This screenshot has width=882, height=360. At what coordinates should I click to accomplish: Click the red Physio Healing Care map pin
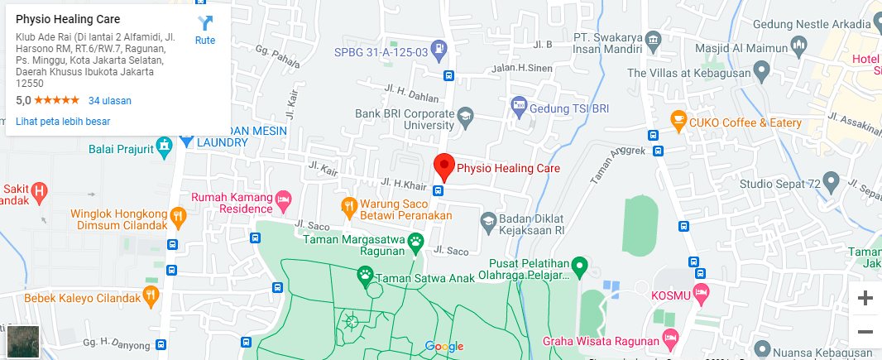(444, 167)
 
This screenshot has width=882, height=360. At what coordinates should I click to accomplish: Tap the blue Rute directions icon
(205, 24)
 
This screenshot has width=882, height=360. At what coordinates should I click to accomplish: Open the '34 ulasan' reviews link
(110, 101)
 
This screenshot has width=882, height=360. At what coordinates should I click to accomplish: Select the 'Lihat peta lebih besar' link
(63, 122)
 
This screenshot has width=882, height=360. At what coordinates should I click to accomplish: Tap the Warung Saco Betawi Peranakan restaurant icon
(349, 204)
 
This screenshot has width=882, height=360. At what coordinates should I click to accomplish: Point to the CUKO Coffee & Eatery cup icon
(678, 122)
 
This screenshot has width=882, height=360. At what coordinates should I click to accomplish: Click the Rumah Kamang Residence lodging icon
(284, 198)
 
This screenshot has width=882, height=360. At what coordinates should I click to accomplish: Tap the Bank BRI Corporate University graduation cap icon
(465, 115)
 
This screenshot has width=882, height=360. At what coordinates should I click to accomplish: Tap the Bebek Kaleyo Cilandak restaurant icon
(150, 295)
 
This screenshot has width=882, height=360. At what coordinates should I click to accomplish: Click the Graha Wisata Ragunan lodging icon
(670, 338)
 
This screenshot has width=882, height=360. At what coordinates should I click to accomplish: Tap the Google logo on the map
(443, 346)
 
